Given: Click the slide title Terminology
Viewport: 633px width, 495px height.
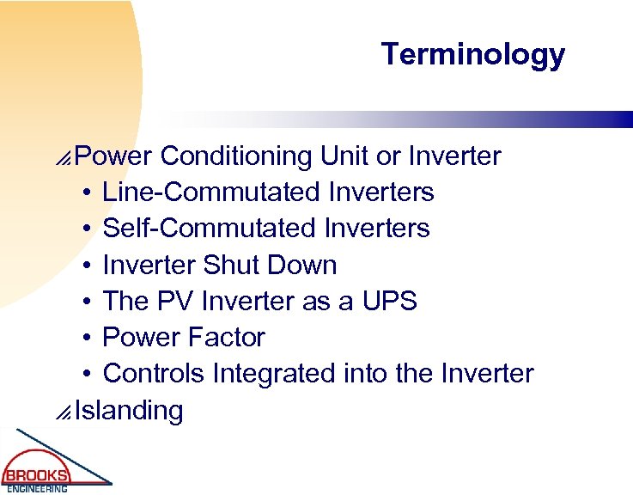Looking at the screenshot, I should pos(473,54).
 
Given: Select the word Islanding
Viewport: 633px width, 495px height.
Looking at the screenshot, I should pos(129,411).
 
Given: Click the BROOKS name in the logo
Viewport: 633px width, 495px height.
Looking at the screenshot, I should pos(36,475).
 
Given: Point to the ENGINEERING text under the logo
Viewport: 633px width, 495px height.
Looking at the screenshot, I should pos(37,489).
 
